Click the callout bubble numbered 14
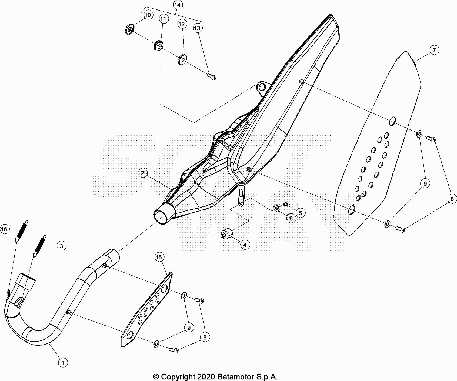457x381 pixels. (177, 5)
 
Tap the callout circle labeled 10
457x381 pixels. (148, 15)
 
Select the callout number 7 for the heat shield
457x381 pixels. (434, 50)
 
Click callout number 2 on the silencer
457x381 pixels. (142, 173)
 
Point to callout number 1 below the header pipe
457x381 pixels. (63, 363)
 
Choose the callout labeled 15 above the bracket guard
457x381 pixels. (159, 257)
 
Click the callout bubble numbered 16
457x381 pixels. (4, 229)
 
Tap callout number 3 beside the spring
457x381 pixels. (61, 246)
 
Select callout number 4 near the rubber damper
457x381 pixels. (245, 245)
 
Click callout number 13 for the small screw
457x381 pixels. (197, 28)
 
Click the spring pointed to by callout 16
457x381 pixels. (22, 231)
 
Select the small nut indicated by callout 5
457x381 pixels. (285, 203)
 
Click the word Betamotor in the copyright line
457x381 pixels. (235, 377)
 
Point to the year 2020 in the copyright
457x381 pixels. (206, 377)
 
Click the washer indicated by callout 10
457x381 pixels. (130, 29)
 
